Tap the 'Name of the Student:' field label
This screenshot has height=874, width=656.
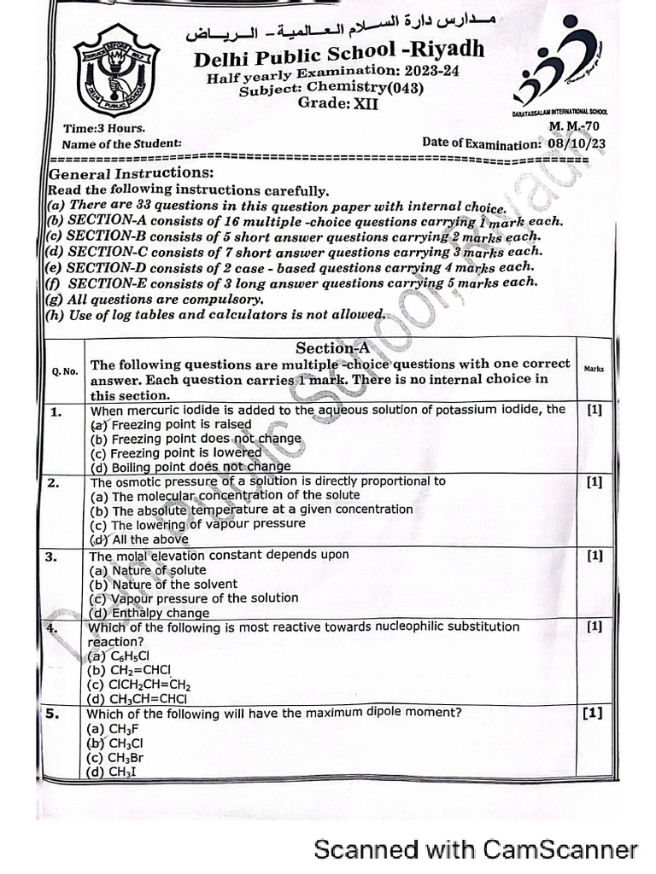click(121, 144)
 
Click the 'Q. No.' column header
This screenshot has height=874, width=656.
click(65, 371)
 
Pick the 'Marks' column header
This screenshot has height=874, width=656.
click(594, 369)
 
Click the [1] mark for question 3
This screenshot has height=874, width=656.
click(594, 556)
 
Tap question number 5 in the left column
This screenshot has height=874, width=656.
click(52, 714)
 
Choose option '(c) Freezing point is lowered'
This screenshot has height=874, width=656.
click(175, 452)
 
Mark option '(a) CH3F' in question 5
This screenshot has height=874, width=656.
click(113, 729)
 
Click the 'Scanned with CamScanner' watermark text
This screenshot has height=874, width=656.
click(476, 849)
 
